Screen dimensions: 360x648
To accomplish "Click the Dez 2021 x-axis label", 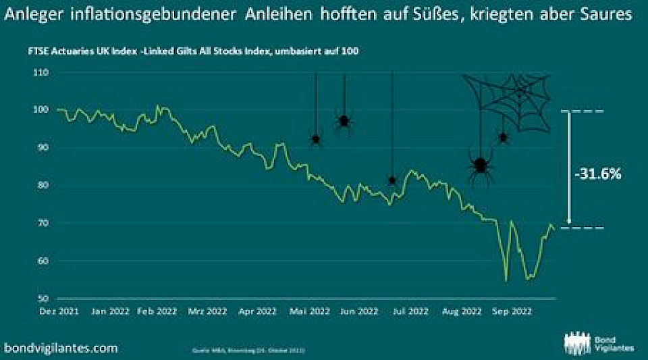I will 57,312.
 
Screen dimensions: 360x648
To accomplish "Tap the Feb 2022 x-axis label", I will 156,312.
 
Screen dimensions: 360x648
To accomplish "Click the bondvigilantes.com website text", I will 61,348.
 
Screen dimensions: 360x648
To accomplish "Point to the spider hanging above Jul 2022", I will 392,180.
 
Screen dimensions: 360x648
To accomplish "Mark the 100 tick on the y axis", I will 50,109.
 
